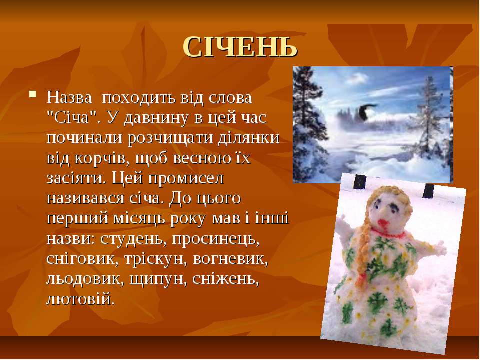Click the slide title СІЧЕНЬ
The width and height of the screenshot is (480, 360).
(x=240, y=47)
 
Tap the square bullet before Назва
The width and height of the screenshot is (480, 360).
(x=32, y=94)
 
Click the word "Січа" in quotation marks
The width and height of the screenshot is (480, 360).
(x=72, y=118)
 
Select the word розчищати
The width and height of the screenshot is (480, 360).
(x=169, y=138)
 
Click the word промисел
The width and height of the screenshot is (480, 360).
(x=186, y=179)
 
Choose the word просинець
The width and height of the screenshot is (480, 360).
(x=216, y=239)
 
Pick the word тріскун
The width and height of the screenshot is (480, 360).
(x=156, y=259)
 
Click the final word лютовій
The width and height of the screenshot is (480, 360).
(x=81, y=299)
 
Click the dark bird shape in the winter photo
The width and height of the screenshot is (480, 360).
(x=366, y=111)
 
